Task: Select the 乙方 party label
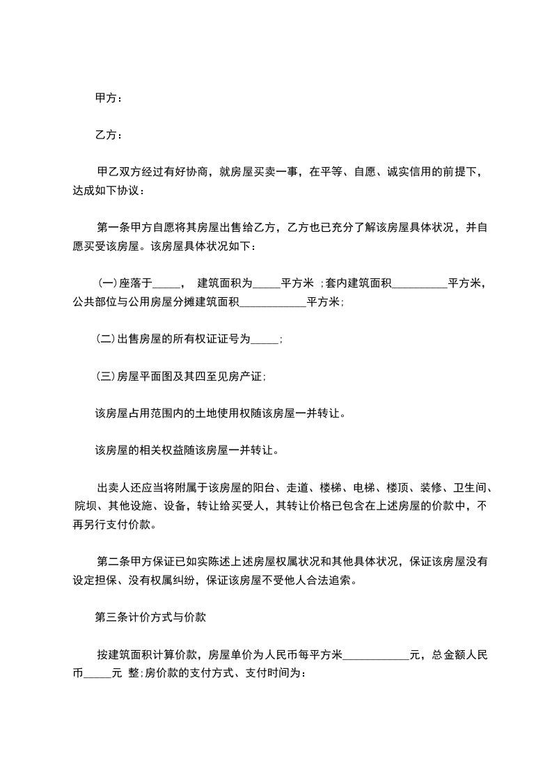click(105, 134)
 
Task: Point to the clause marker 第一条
click(112, 227)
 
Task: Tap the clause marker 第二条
click(112, 561)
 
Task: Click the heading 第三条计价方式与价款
click(148, 616)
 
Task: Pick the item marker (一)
click(106, 283)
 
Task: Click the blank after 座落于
click(166, 284)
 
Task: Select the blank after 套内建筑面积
click(420, 284)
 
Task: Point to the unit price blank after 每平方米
click(377, 656)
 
